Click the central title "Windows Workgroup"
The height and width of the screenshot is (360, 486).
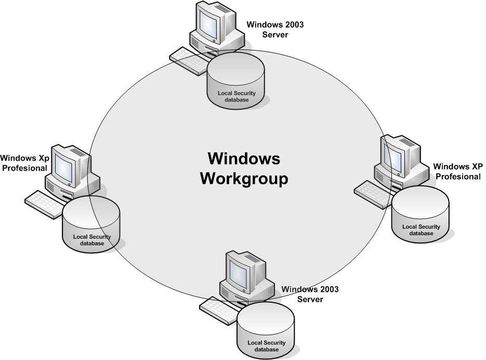244,168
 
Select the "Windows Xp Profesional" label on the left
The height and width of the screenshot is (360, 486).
24,162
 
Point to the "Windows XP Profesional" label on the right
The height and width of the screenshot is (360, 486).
458,172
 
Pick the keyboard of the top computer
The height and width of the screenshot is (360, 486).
188,61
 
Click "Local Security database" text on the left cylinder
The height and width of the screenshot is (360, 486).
91,240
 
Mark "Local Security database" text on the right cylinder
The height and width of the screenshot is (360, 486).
421,230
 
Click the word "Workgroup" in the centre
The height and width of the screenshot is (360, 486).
244,178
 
